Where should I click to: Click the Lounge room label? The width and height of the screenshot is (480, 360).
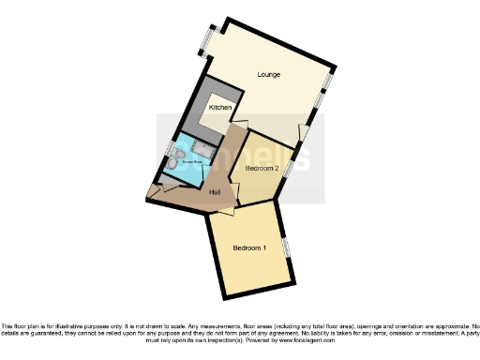269,74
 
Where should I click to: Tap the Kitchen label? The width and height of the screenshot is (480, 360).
220,108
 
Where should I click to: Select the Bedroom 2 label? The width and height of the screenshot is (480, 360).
262,168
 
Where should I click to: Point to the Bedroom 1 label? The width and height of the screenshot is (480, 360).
250,247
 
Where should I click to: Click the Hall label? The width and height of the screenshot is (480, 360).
215,192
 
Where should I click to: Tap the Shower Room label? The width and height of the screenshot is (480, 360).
183,160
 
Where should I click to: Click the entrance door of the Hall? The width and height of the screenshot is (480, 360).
155,194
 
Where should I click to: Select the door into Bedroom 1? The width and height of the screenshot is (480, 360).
224,208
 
